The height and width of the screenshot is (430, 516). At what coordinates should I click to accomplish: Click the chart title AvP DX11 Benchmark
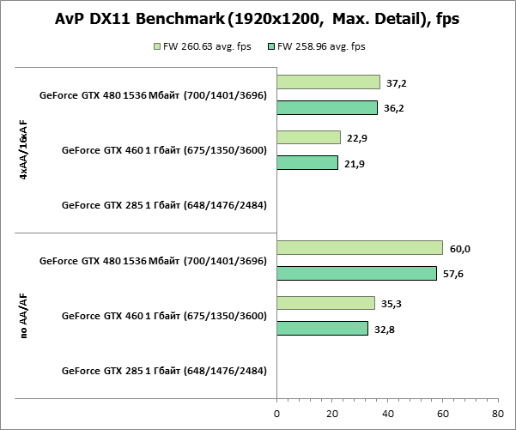(258, 19)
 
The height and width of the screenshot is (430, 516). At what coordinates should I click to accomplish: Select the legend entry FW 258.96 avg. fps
(317, 46)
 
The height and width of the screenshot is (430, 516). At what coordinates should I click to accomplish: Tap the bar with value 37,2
(328, 82)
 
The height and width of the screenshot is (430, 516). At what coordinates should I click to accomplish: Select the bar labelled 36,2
(327, 108)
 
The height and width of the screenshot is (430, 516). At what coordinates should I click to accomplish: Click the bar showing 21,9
(307, 163)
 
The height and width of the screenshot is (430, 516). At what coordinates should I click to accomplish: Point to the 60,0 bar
(360, 248)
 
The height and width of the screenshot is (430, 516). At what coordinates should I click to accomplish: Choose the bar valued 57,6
(356, 274)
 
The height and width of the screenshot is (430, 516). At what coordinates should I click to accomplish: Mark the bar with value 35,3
(325, 303)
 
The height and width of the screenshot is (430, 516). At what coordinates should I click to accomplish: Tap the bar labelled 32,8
(322, 329)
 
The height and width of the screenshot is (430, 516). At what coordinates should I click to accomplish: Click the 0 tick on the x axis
(276, 413)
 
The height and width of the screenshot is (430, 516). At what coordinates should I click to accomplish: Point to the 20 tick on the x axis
(332, 413)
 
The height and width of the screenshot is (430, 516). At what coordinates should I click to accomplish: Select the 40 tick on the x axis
(387, 413)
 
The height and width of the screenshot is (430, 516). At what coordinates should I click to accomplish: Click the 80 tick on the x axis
(498, 413)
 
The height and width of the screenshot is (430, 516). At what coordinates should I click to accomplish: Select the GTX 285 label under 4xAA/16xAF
(164, 205)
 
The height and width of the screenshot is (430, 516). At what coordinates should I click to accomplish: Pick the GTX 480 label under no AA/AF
(153, 261)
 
